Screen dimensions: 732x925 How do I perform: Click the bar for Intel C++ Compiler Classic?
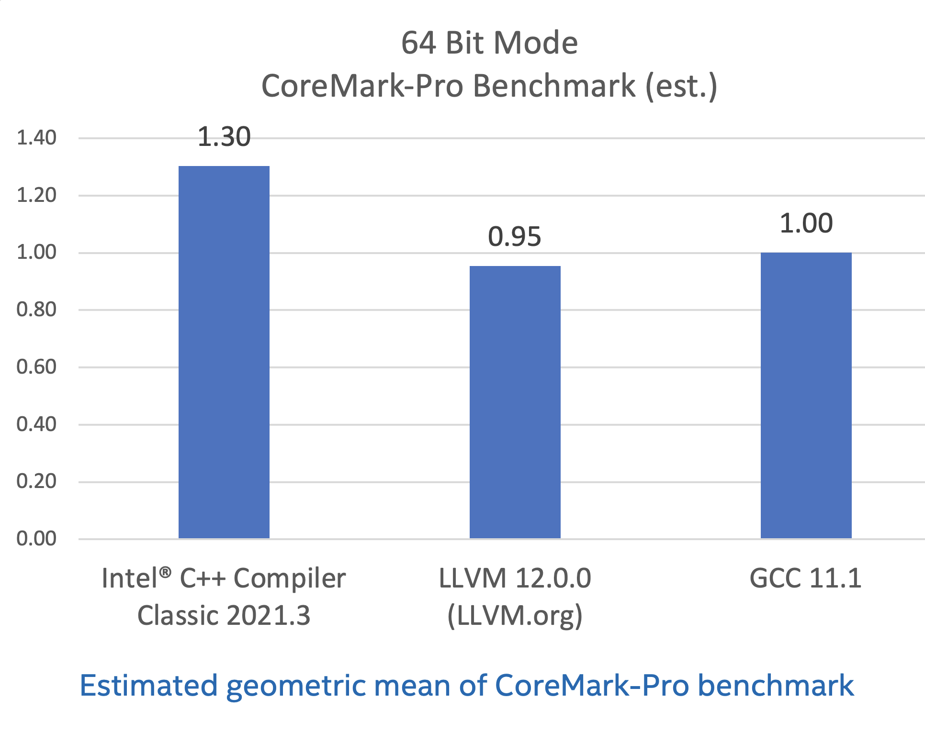224,352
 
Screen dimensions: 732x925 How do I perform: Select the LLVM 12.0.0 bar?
515,402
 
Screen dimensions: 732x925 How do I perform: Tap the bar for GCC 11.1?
806,395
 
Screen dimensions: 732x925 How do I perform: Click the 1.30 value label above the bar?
224,137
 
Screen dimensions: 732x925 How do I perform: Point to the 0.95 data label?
515,237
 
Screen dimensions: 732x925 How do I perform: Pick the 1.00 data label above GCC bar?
806,223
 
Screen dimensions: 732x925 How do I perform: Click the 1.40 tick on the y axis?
36,138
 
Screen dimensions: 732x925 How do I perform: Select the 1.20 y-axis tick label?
36,195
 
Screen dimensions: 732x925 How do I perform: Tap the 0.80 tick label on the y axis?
36,310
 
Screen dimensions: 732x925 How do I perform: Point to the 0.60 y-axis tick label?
36,367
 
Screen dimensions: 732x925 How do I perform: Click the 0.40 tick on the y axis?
36,424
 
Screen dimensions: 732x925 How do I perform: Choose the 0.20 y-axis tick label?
36,481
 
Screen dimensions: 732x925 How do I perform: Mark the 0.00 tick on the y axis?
36,539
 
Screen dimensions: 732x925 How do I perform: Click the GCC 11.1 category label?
805,578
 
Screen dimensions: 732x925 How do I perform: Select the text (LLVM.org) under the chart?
515,615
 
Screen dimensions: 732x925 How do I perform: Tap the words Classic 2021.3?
224,615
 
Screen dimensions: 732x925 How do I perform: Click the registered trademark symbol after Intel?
165,572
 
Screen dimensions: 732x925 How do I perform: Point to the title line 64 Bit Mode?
489,43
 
